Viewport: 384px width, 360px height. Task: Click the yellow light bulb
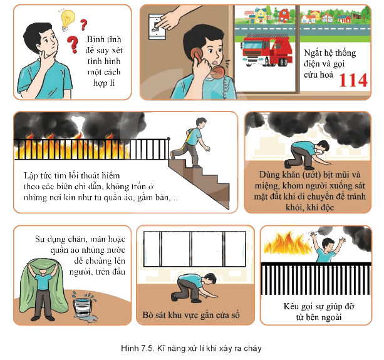(67, 20)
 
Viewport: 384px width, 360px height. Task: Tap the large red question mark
(73, 44)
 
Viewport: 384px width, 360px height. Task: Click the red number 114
(353, 80)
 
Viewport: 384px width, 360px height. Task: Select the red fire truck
(266, 50)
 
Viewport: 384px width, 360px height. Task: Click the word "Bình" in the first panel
(94, 39)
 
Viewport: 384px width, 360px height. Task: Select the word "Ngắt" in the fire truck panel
(312, 53)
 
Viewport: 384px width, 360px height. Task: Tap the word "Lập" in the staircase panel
(31, 176)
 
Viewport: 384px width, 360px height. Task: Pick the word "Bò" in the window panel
(148, 315)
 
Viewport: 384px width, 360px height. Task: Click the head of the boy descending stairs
(201, 123)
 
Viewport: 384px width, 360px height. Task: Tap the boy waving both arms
(328, 247)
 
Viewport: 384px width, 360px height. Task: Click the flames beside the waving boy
(287, 244)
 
